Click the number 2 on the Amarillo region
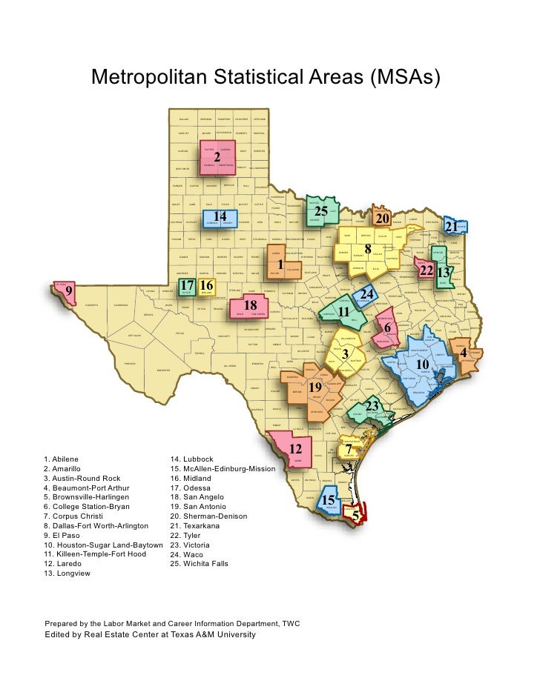coord(217,158)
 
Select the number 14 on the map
coord(220,216)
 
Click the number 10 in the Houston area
coord(422,365)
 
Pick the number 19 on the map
coord(315,388)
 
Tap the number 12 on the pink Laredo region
coord(294,449)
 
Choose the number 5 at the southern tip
coord(355,515)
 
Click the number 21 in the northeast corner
coord(451,225)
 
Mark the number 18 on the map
coord(250,305)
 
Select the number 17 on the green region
coord(188,285)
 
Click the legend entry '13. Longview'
coord(67,574)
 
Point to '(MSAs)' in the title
coord(404,77)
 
